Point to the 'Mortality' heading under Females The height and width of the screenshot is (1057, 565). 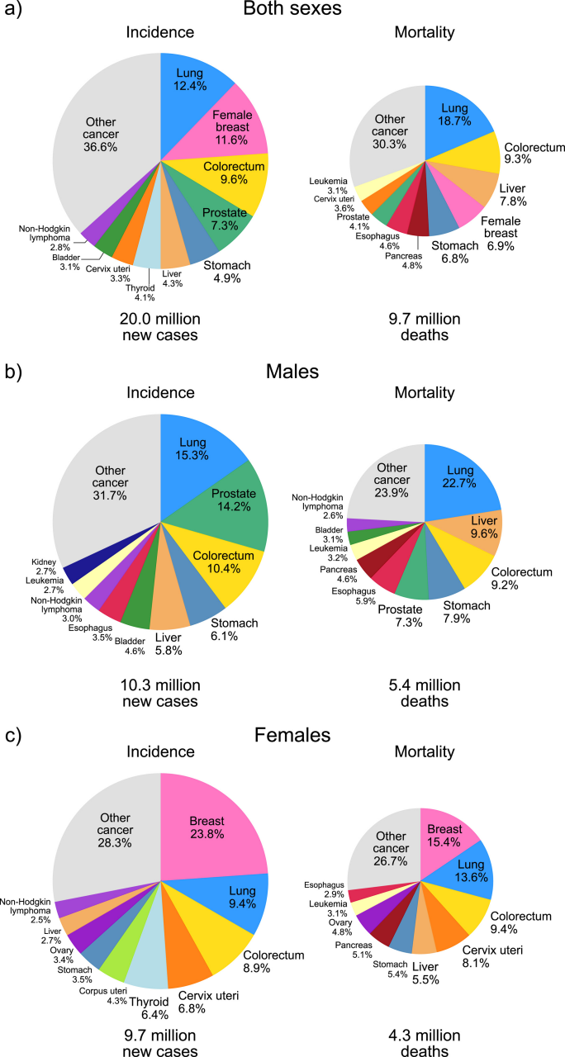[425, 751]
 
